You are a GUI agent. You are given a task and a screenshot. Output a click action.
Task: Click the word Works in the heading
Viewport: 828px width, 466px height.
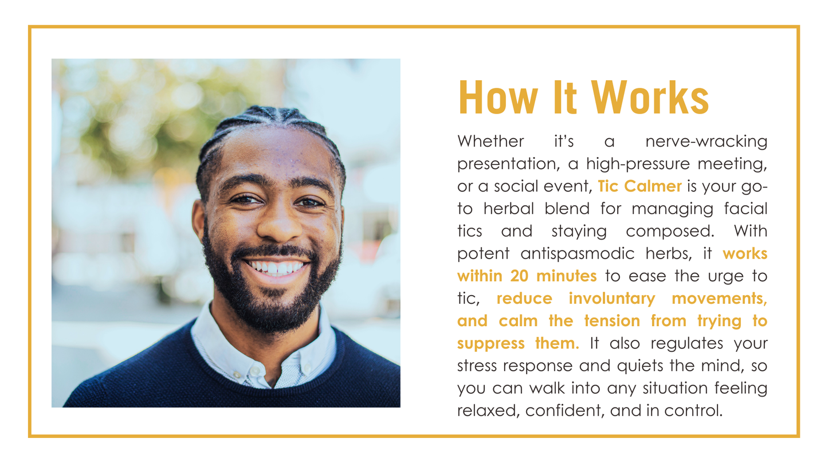point(650,97)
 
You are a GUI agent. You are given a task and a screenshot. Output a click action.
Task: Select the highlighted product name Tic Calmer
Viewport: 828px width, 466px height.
point(640,186)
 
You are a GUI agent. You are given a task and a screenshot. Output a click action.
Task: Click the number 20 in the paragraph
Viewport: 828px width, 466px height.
point(519,276)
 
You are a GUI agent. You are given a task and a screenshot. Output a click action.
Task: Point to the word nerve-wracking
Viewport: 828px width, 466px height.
point(707,141)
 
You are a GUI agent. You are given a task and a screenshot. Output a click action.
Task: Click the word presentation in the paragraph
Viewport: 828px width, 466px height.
point(509,164)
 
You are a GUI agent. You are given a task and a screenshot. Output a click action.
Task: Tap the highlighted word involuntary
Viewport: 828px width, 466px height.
point(612,299)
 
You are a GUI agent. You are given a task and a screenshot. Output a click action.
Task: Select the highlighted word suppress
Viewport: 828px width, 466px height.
point(491,343)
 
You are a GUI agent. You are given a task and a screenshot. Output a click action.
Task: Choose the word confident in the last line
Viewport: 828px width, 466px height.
point(565,411)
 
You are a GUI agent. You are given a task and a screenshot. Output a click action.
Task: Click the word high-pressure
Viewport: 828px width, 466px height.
point(638,164)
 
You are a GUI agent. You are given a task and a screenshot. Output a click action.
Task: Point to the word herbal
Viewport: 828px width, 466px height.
point(509,209)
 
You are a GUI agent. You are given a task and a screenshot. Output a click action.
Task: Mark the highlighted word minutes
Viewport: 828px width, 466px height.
point(566,276)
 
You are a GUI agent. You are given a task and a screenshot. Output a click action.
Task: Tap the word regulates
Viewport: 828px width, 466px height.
point(687,343)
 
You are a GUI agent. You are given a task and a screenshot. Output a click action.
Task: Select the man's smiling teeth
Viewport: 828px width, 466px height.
point(277,268)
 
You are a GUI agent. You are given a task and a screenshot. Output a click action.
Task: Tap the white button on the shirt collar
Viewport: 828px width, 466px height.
point(255,370)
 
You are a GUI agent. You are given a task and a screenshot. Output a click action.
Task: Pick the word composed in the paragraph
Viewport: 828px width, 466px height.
point(670,231)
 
